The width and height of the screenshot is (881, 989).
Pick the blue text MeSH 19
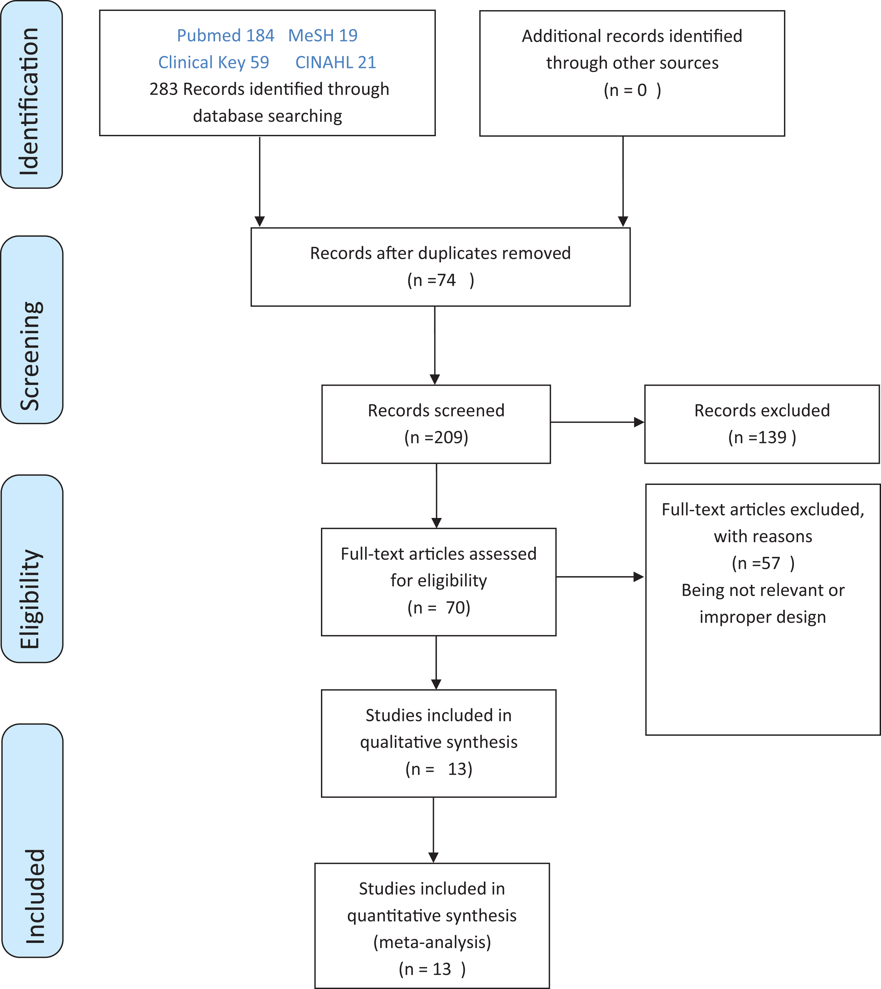[x=323, y=35]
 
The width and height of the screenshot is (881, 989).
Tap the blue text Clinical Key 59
[x=214, y=62]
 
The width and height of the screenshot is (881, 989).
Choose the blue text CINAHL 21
[x=335, y=62]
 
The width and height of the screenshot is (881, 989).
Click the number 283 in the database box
[x=164, y=89]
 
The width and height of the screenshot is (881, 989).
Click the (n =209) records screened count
[x=436, y=438]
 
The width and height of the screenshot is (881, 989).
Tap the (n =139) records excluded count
[x=762, y=438]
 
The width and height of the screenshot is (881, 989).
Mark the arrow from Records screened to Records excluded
[x=597, y=422]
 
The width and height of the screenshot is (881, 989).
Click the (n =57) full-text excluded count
[x=763, y=564]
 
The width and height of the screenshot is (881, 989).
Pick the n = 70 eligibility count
[x=439, y=608]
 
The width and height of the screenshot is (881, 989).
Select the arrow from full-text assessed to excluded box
[x=600, y=577]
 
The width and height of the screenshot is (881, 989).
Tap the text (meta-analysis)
[x=432, y=942]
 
